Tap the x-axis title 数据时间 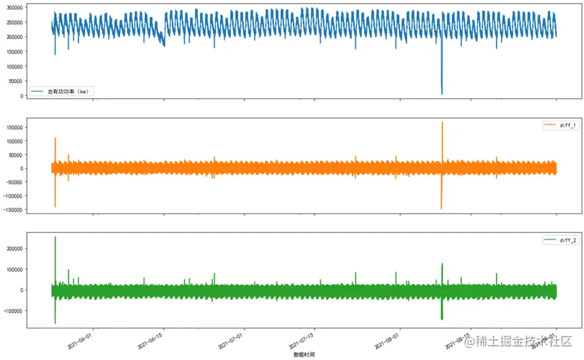click(x=303, y=354)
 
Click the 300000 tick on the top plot click(x=13, y=7)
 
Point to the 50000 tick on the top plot click(x=15, y=81)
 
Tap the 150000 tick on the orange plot click(x=13, y=127)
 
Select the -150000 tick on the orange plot click(x=11, y=209)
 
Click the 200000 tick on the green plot click(x=13, y=249)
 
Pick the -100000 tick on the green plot click(x=11, y=311)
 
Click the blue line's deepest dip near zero click(x=442, y=94)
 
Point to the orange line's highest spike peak click(x=442, y=122)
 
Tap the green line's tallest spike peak click(x=55, y=237)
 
